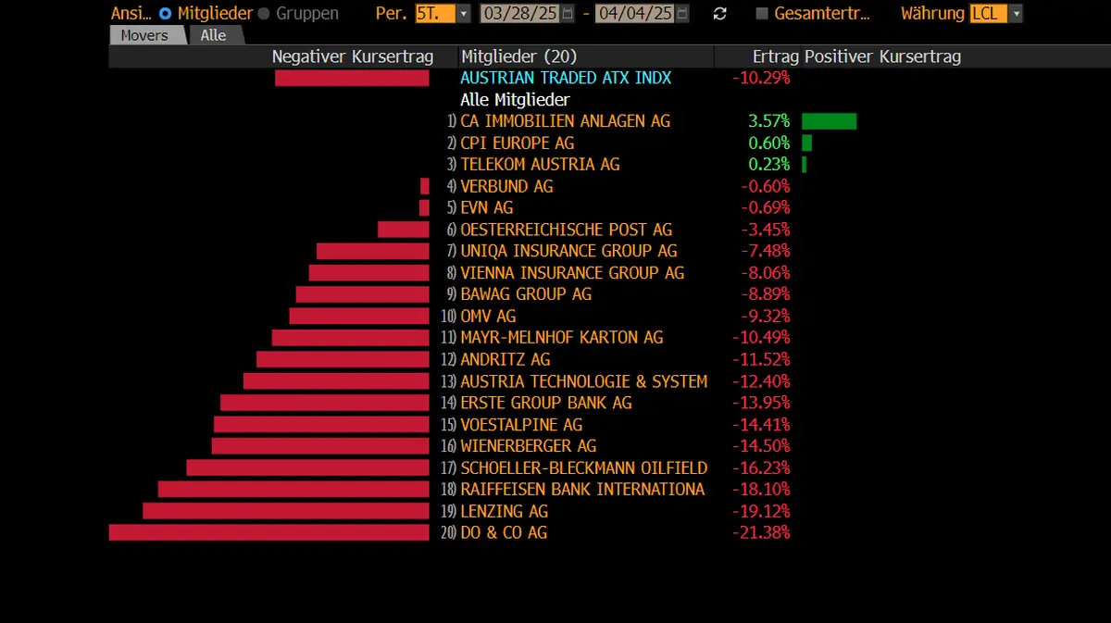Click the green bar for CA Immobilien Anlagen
(829, 121)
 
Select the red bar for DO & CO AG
(268, 532)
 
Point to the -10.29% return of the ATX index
(761, 78)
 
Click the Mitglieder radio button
(166, 14)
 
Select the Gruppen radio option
(264, 14)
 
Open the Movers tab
(145, 35)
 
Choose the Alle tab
(213, 35)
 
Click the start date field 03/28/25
(520, 14)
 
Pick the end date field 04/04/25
(635, 14)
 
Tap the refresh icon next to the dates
(720, 14)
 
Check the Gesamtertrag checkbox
(762, 14)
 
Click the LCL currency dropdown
(995, 14)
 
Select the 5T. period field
(435, 14)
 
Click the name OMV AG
(488, 316)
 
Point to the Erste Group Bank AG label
(545, 403)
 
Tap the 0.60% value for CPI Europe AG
(768, 143)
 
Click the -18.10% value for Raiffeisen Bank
(761, 489)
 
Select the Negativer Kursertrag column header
(352, 56)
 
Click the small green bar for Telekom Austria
(804, 165)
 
